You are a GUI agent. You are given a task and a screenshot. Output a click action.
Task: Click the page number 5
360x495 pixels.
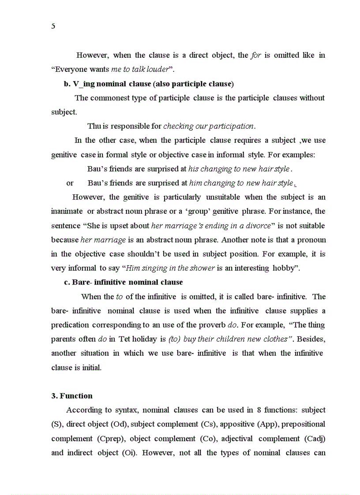[x=53, y=26]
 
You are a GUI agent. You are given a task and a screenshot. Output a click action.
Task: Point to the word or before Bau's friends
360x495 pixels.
[x=70, y=183]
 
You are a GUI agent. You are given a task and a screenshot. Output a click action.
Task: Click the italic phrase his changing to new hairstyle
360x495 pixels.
[x=239, y=169]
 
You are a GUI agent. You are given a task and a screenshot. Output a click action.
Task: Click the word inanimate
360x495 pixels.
[x=67, y=212]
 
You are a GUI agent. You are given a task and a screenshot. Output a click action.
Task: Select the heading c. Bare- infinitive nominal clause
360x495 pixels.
[x=124, y=282]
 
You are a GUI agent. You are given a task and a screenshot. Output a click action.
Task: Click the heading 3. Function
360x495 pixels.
[x=72, y=396]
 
